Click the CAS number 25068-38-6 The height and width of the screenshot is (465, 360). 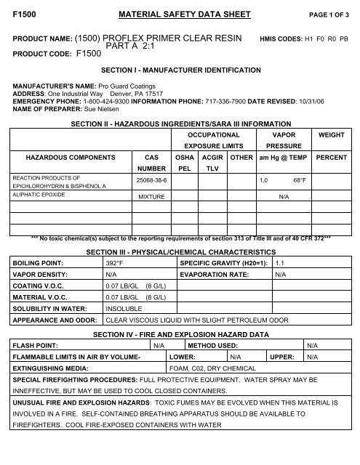click(x=152, y=179)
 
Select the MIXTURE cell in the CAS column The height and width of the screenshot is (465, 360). click(x=152, y=196)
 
